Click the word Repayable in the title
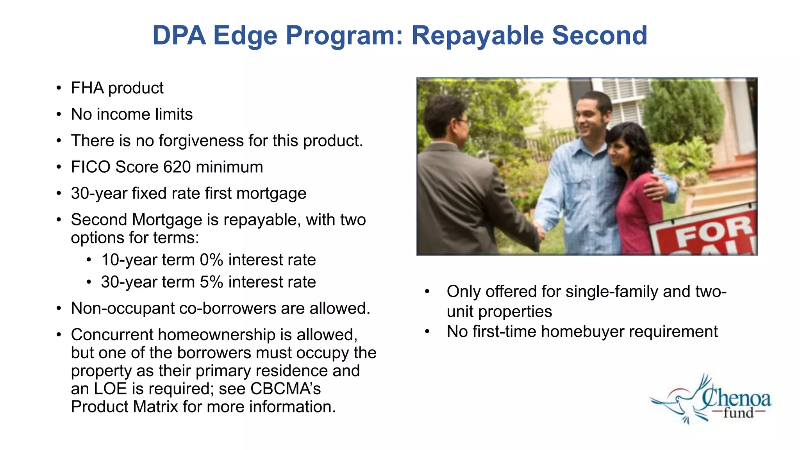click(x=477, y=36)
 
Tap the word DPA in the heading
click(x=179, y=36)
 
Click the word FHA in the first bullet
click(x=87, y=88)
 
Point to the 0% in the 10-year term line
click(x=211, y=260)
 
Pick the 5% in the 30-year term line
click(x=211, y=282)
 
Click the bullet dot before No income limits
click(x=59, y=115)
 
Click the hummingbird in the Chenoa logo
click(x=678, y=402)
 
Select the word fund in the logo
click(x=738, y=413)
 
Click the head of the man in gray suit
click(x=445, y=117)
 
